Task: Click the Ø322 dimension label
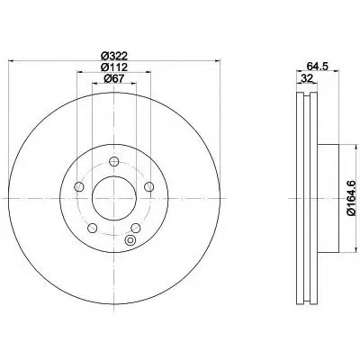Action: (x=114, y=56)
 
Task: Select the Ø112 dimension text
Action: (x=114, y=67)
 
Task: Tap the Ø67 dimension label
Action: (x=114, y=78)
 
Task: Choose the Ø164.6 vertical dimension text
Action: (x=351, y=198)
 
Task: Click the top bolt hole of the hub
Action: (x=114, y=162)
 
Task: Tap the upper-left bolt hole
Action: (x=79, y=186)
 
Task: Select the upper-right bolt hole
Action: (x=148, y=186)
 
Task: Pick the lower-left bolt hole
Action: (x=93, y=228)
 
